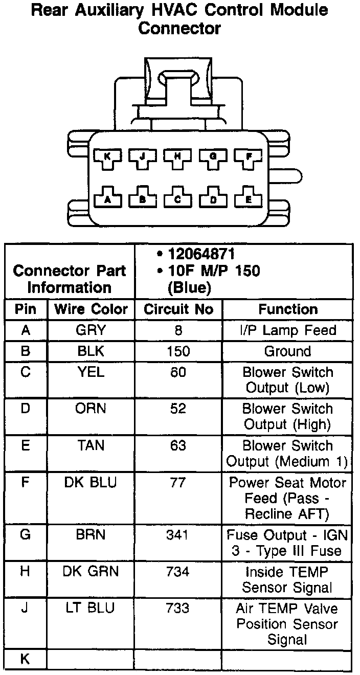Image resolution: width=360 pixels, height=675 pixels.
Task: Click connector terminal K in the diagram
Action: [x=107, y=157]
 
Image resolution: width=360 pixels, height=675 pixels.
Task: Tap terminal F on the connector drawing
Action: [x=249, y=157]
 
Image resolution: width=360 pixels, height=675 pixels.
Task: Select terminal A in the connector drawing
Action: [x=107, y=199]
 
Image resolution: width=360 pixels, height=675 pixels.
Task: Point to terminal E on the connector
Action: [x=249, y=199]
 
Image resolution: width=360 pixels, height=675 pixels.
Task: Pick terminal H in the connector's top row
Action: [x=178, y=157]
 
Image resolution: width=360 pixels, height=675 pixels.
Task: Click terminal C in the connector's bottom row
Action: [x=178, y=199]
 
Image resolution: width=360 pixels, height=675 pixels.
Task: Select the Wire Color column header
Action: [x=91, y=309]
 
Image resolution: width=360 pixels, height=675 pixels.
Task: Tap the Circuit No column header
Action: [x=178, y=309]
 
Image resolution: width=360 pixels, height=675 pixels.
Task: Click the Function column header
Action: [x=287, y=309]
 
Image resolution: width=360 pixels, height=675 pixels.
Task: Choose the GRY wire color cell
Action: [x=91, y=330]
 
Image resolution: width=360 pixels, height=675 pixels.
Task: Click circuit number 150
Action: [x=178, y=351]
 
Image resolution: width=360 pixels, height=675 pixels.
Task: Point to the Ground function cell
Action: [x=287, y=351]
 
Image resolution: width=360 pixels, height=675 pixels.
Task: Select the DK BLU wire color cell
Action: [x=91, y=483]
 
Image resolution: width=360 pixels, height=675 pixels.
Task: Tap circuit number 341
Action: [x=178, y=535]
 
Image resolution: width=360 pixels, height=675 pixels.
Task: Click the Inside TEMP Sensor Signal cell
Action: [x=287, y=579]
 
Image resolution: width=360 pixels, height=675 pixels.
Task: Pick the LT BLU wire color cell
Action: [x=91, y=608]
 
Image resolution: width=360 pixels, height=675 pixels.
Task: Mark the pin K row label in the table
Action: [x=26, y=659]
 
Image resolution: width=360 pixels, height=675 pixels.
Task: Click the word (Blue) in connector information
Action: [x=189, y=288]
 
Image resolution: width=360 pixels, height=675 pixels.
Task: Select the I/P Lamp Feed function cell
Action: [x=287, y=330]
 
